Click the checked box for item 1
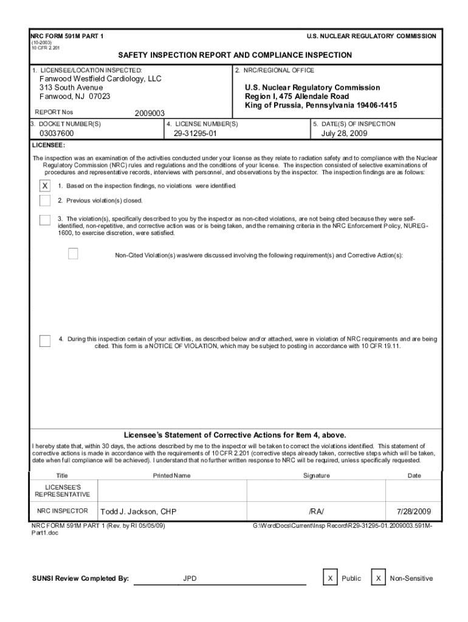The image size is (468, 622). click(x=45, y=186)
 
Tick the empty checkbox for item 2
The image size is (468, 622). click(x=45, y=200)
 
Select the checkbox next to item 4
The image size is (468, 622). click(x=45, y=341)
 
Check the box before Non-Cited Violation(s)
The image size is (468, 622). click(x=74, y=254)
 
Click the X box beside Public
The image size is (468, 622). click(x=330, y=578)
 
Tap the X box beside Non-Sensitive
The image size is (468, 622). click(x=378, y=578)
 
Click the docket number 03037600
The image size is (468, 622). click(x=57, y=134)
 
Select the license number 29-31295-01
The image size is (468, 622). click(x=195, y=134)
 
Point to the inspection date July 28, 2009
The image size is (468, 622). click(x=344, y=134)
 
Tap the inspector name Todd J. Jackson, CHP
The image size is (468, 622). click(x=138, y=511)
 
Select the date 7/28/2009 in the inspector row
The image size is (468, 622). click(x=414, y=511)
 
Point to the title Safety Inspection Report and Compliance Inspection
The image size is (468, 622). click(x=235, y=55)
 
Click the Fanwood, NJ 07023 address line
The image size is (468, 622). click(x=75, y=97)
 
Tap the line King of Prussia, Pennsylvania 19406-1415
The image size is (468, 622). click(x=321, y=106)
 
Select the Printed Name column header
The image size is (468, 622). click(x=171, y=476)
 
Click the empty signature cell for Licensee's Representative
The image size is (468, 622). click(x=317, y=491)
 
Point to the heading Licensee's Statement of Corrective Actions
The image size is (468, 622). click(x=235, y=435)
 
